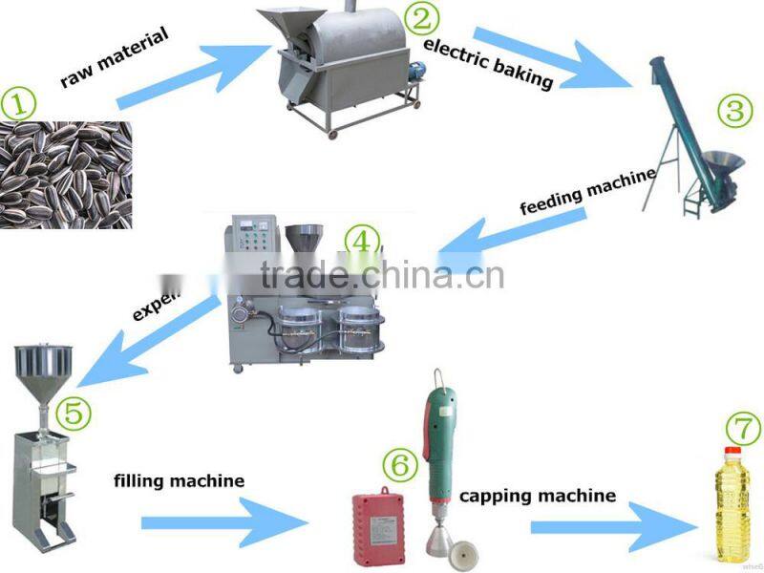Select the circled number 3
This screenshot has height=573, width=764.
(x=734, y=110)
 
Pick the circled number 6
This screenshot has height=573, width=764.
(x=400, y=465)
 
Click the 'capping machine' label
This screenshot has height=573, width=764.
(x=538, y=496)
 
